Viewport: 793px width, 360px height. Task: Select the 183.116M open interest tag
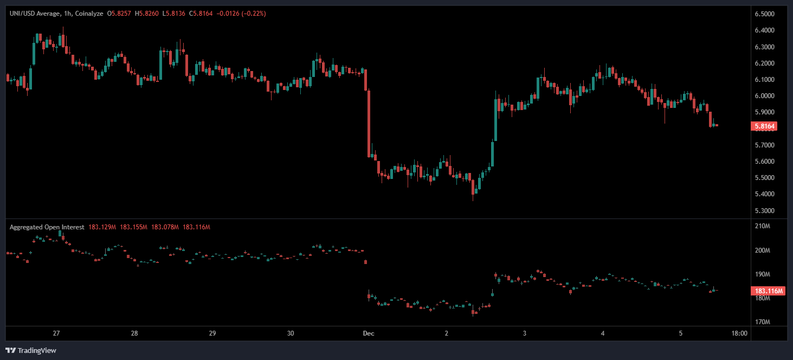(x=769, y=291)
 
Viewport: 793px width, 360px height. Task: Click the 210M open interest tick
(x=762, y=226)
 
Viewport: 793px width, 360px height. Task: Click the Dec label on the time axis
(x=369, y=333)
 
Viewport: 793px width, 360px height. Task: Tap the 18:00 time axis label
(x=739, y=333)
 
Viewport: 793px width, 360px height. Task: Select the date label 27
(x=56, y=333)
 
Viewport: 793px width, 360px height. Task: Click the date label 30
(x=291, y=333)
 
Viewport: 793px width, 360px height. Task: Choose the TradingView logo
(x=31, y=350)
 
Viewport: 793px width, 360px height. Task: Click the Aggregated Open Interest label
(x=47, y=227)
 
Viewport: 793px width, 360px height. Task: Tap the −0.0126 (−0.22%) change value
(x=241, y=13)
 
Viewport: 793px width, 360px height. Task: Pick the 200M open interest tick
(x=762, y=250)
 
